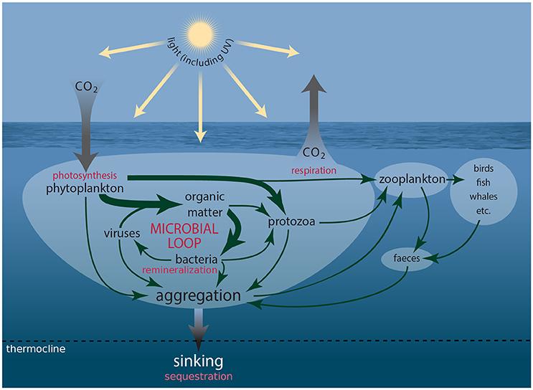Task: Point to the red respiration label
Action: pos(316,171)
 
